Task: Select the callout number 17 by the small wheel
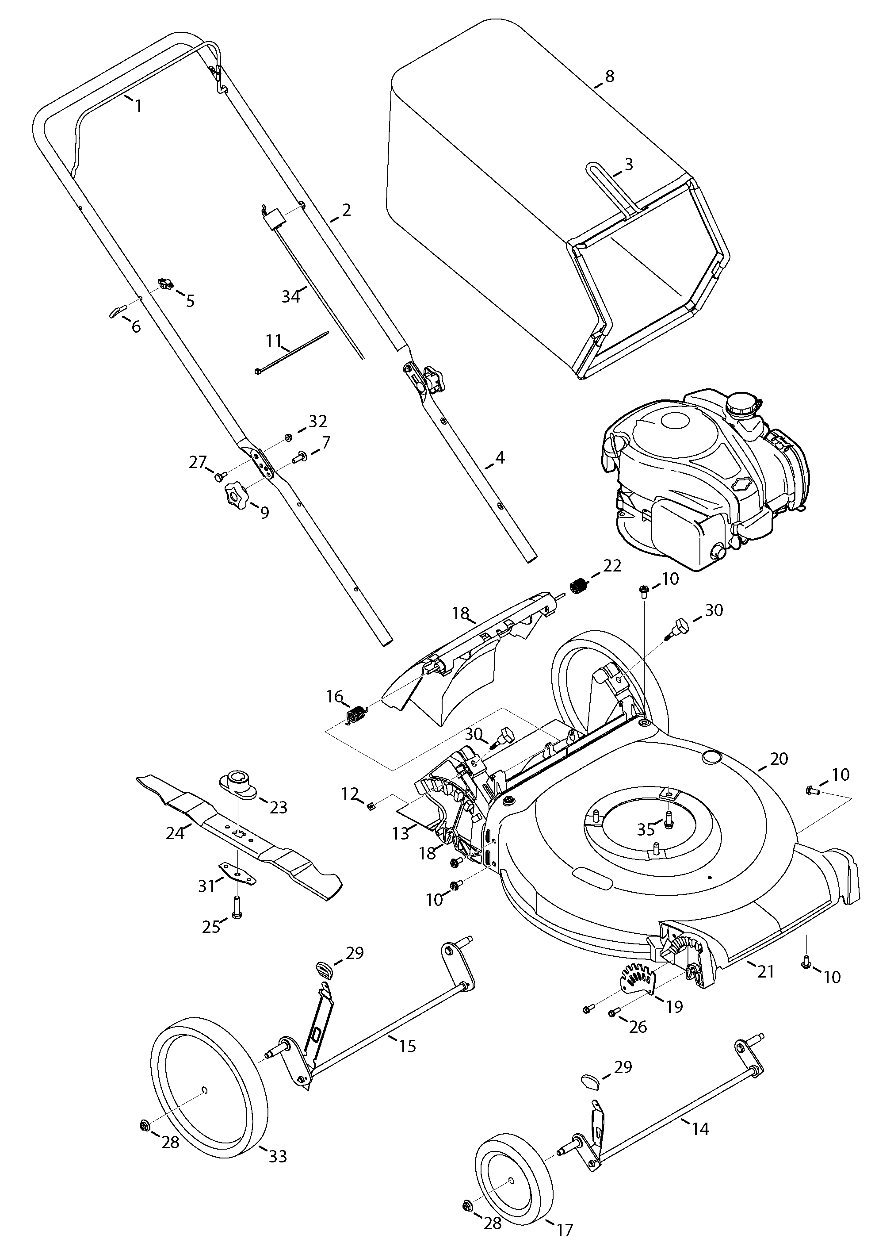564,1229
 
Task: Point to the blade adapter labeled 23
239,784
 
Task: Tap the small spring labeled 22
577,586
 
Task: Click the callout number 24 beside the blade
175,834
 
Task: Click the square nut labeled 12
371,806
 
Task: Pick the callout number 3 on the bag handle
628,164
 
